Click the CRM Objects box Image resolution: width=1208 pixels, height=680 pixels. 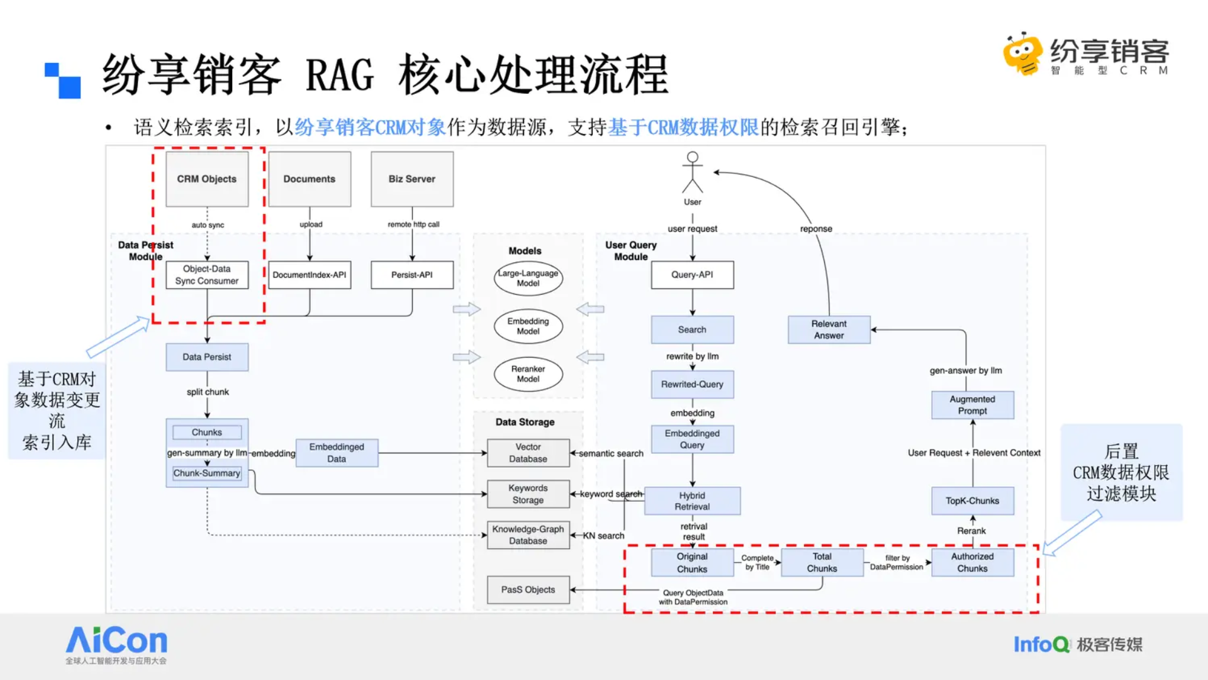(207, 179)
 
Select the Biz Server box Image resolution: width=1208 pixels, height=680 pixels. (412, 179)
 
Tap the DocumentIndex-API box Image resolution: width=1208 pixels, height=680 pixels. (310, 275)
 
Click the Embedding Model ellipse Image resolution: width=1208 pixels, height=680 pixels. (528, 326)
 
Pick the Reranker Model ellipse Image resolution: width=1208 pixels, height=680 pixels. (528, 374)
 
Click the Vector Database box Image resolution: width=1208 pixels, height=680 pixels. (528, 453)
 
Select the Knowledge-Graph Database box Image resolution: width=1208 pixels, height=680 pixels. (528, 535)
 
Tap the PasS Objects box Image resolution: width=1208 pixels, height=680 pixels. (528, 590)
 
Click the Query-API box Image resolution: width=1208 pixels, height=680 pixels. (692, 275)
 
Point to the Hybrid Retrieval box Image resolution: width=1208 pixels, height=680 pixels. (692, 501)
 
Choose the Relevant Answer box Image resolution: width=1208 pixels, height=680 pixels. (829, 330)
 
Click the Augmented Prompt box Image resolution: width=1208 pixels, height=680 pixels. (973, 405)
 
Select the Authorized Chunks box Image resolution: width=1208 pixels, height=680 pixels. (973, 563)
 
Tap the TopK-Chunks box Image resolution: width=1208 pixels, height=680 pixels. (973, 501)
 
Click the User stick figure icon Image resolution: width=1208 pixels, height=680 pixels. (693, 173)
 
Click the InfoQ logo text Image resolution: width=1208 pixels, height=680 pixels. (1041, 645)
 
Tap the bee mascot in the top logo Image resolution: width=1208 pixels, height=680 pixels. (1023, 54)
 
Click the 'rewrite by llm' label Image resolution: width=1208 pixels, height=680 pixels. (692, 356)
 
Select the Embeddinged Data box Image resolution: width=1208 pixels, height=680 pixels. (337, 453)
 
